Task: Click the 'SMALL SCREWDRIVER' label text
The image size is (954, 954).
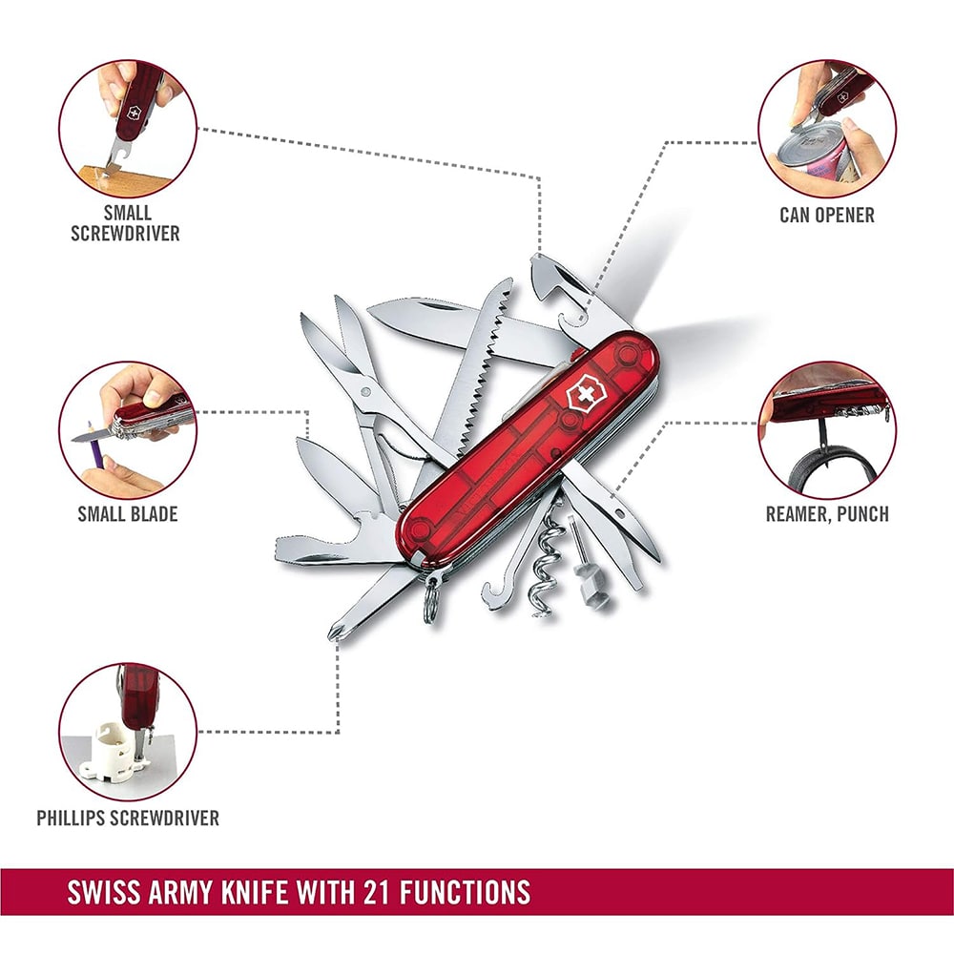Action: pyautogui.click(x=125, y=223)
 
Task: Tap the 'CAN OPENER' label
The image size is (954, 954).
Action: pyautogui.click(x=827, y=215)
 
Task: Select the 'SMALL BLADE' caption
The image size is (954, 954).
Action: pyautogui.click(x=128, y=514)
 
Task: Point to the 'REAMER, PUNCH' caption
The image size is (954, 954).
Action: pyautogui.click(x=827, y=514)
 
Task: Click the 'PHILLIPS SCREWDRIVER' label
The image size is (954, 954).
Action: pyautogui.click(x=128, y=818)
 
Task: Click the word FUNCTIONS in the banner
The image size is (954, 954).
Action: pyautogui.click(x=465, y=893)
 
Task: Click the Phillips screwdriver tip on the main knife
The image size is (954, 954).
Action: pyautogui.click(x=334, y=633)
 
